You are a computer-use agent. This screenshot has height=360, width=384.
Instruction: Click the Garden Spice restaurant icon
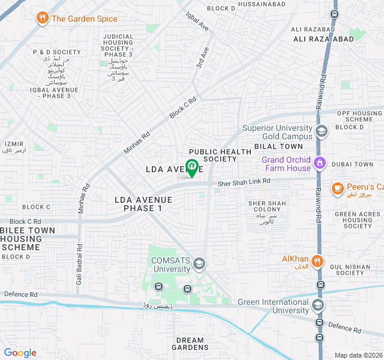[42, 19]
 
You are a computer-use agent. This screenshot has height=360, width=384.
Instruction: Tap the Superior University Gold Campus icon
[322, 131]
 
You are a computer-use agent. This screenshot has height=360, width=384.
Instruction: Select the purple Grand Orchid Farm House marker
[320, 163]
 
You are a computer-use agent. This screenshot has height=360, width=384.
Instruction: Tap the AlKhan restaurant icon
[317, 261]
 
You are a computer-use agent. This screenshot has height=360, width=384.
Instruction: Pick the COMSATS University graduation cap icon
[199, 263]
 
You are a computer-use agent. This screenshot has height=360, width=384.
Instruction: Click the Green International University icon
[317, 306]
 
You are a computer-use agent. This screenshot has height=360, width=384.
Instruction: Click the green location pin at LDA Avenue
[191, 167]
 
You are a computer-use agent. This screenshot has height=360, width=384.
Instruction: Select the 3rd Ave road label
[202, 58]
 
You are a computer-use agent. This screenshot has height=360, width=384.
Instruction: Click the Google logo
[20, 353]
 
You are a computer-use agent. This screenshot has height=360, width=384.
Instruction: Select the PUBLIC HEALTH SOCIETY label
[212, 155]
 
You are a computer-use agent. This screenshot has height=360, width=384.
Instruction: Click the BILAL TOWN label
[278, 146]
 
